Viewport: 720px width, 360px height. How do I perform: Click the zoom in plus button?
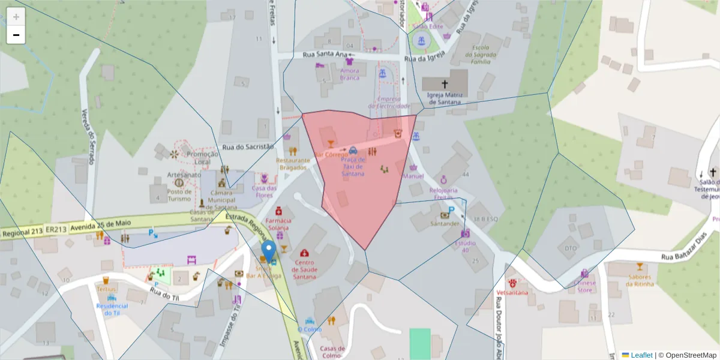click(x=16, y=17)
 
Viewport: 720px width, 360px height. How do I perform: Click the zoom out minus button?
click(x=16, y=35)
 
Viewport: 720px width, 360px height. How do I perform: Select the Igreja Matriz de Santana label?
click(x=444, y=98)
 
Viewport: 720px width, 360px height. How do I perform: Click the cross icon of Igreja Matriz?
click(x=445, y=84)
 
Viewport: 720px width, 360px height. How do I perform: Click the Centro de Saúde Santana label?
click(x=304, y=269)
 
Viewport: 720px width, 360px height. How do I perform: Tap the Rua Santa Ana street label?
click(x=325, y=55)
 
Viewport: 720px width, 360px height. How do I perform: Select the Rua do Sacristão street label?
click(x=247, y=146)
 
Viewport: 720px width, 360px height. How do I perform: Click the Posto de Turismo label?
click(x=180, y=195)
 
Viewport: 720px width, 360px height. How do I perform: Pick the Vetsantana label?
click(x=512, y=292)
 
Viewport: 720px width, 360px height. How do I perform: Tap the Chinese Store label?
click(x=584, y=287)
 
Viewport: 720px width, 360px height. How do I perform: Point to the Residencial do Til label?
click(x=112, y=309)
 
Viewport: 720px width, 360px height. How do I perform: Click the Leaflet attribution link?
click(x=641, y=355)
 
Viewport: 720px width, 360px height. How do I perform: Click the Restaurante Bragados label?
click(x=293, y=164)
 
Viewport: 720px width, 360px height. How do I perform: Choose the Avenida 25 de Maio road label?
click(x=101, y=224)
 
